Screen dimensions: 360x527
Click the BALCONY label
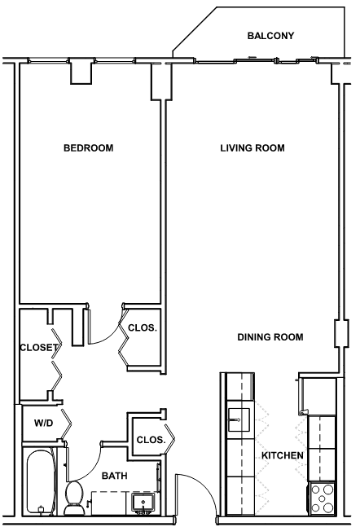[270, 36]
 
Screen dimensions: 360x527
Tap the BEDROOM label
[89, 148]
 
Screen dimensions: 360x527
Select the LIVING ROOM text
[252, 148]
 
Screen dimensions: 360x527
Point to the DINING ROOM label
[270, 337]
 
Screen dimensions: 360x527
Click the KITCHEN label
[283, 455]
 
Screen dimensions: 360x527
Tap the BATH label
[115, 476]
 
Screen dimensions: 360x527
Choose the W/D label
[44, 423]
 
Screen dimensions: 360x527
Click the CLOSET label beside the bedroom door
[38, 347]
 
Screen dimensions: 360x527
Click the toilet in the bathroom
[74, 498]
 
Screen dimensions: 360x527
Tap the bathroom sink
[143, 503]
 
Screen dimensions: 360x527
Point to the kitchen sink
[239, 419]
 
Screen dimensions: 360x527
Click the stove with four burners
[322, 498]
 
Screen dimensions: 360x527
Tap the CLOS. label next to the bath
[151, 440]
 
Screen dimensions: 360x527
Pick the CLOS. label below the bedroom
[143, 327]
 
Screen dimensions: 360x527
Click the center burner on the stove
[322, 498]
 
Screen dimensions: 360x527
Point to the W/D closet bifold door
[66, 424]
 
